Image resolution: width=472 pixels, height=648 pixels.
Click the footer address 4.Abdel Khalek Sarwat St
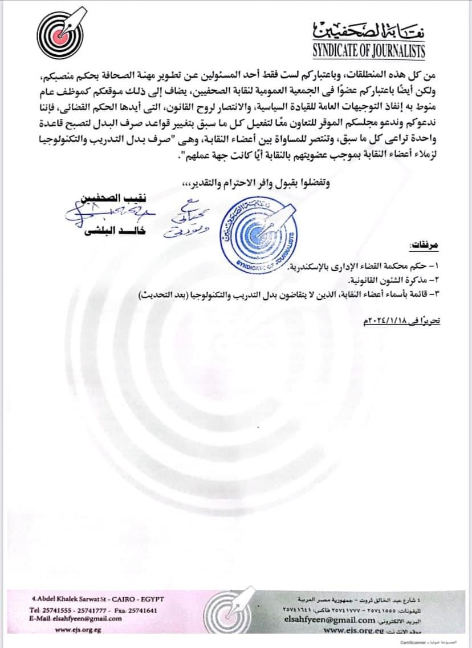click(98, 598)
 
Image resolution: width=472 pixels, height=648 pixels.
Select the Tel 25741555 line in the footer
click(92, 610)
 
